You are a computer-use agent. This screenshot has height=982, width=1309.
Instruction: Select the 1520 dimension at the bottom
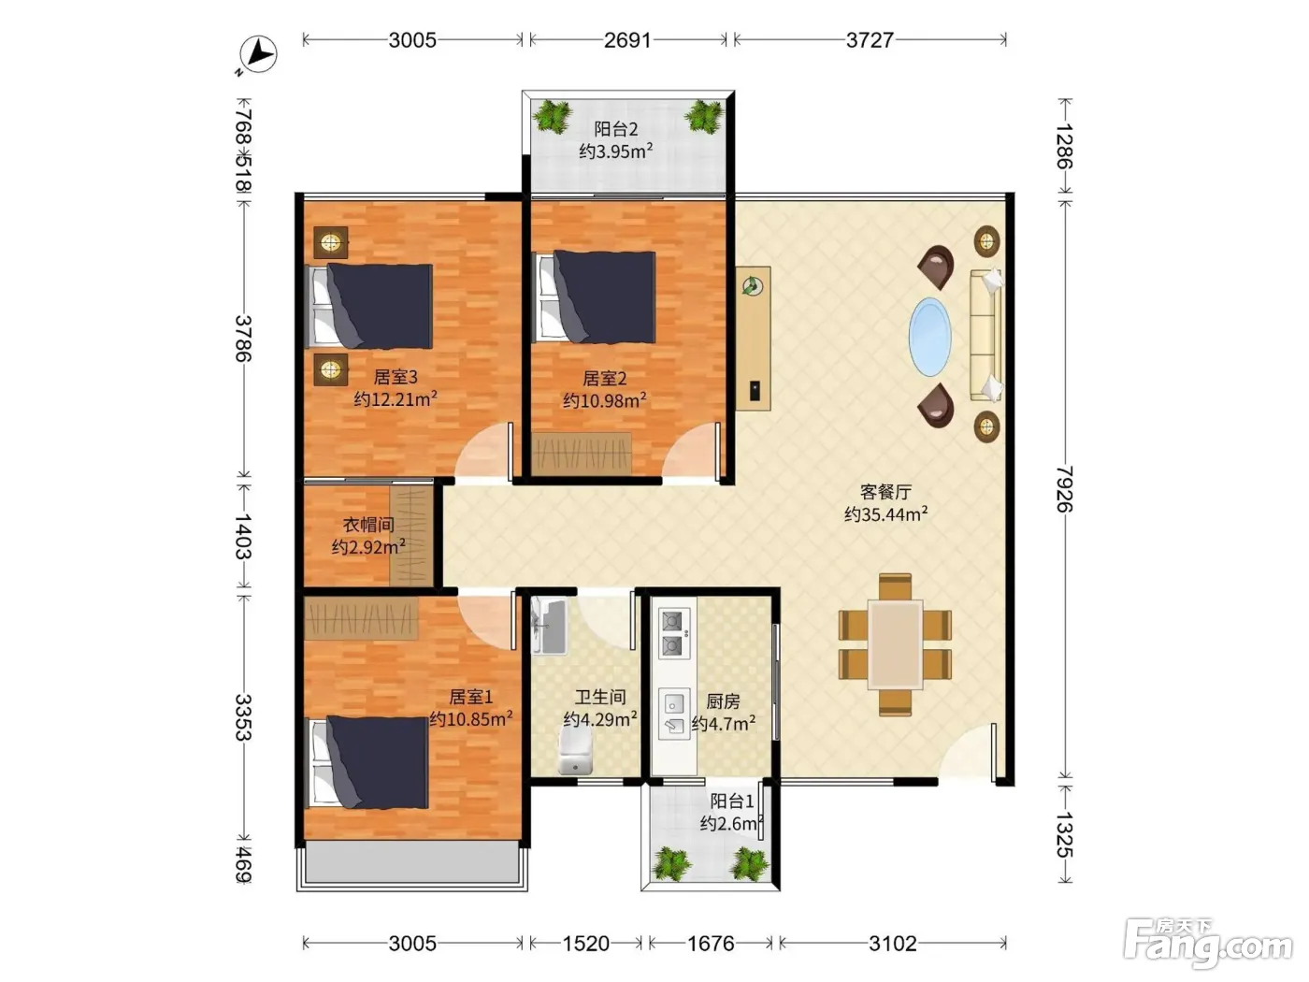coord(585,944)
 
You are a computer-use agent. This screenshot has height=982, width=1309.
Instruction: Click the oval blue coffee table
coord(929,337)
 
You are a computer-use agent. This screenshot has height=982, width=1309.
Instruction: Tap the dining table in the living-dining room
coord(895,644)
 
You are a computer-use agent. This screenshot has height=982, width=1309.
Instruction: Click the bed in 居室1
coord(368,762)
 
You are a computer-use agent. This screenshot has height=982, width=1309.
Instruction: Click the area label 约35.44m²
coord(885,513)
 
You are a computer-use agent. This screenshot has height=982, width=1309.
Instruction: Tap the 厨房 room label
coord(723,701)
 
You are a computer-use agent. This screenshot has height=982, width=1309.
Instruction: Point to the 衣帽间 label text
coord(368,525)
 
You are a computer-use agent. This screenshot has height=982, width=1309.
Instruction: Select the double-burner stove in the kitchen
coord(674,633)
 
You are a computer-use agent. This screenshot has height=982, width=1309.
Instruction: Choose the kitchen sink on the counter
coord(674,715)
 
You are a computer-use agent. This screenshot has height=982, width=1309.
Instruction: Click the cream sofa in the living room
coord(985,335)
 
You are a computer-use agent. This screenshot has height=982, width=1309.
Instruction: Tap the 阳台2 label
coord(616,129)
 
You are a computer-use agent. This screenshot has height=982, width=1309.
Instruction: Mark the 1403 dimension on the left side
coord(243,535)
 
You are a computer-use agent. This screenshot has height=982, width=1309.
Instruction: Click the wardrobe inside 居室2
coord(582,454)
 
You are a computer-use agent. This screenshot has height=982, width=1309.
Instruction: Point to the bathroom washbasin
coord(549,626)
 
